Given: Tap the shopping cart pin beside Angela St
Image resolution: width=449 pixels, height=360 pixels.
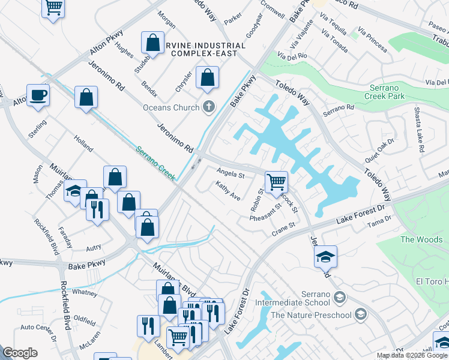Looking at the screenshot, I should coord(276,181).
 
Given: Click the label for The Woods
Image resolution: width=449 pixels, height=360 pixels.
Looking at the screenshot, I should coord(421,239).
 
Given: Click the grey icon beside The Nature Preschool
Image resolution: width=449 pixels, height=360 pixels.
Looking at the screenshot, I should coord(360,314).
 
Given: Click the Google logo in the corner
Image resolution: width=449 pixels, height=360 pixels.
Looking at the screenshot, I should coord(20,353).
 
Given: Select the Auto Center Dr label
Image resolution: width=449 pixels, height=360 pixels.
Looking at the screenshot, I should coord(38,328).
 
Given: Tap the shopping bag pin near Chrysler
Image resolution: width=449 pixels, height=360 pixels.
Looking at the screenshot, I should coord(207,78).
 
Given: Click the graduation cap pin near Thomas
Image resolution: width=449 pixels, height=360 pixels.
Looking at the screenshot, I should coord(75,191).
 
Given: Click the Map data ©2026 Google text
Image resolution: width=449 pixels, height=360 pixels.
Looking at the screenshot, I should coord(411,355).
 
